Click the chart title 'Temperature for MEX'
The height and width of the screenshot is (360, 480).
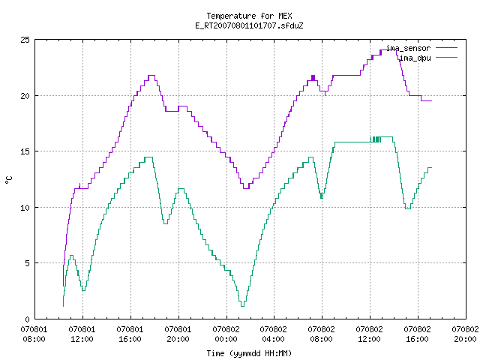pos(249,16)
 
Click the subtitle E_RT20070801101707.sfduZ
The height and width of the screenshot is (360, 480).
pos(249,25)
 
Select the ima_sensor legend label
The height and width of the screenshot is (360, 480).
pos(408,48)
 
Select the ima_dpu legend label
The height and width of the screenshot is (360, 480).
pos(415,58)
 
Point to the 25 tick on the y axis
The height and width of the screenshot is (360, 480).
pos(25,40)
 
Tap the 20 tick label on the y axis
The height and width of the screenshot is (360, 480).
pos(25,96)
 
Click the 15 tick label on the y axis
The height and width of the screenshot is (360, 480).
pos(25,151)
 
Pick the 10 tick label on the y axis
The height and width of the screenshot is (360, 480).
pos(25,208)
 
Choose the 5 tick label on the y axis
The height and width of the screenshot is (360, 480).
pos(28,263)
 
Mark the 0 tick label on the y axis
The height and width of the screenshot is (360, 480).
pos(28,319)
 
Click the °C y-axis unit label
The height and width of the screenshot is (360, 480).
pos(8,180)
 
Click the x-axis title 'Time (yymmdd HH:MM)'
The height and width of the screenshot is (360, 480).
pos(249,353)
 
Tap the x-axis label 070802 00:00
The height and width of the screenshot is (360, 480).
pos(226,334)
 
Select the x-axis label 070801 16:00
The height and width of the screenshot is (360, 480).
pos(130,334)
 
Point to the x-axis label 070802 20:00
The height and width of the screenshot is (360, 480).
pos(465,334)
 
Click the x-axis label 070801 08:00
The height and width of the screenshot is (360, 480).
pos(34,334)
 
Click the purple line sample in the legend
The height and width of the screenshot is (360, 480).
pos(447,48)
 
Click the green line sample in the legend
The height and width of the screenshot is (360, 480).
pos(447,58)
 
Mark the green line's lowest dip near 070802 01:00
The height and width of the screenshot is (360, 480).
pos(242,306)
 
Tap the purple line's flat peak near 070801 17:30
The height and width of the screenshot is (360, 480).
pos(151,75)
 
